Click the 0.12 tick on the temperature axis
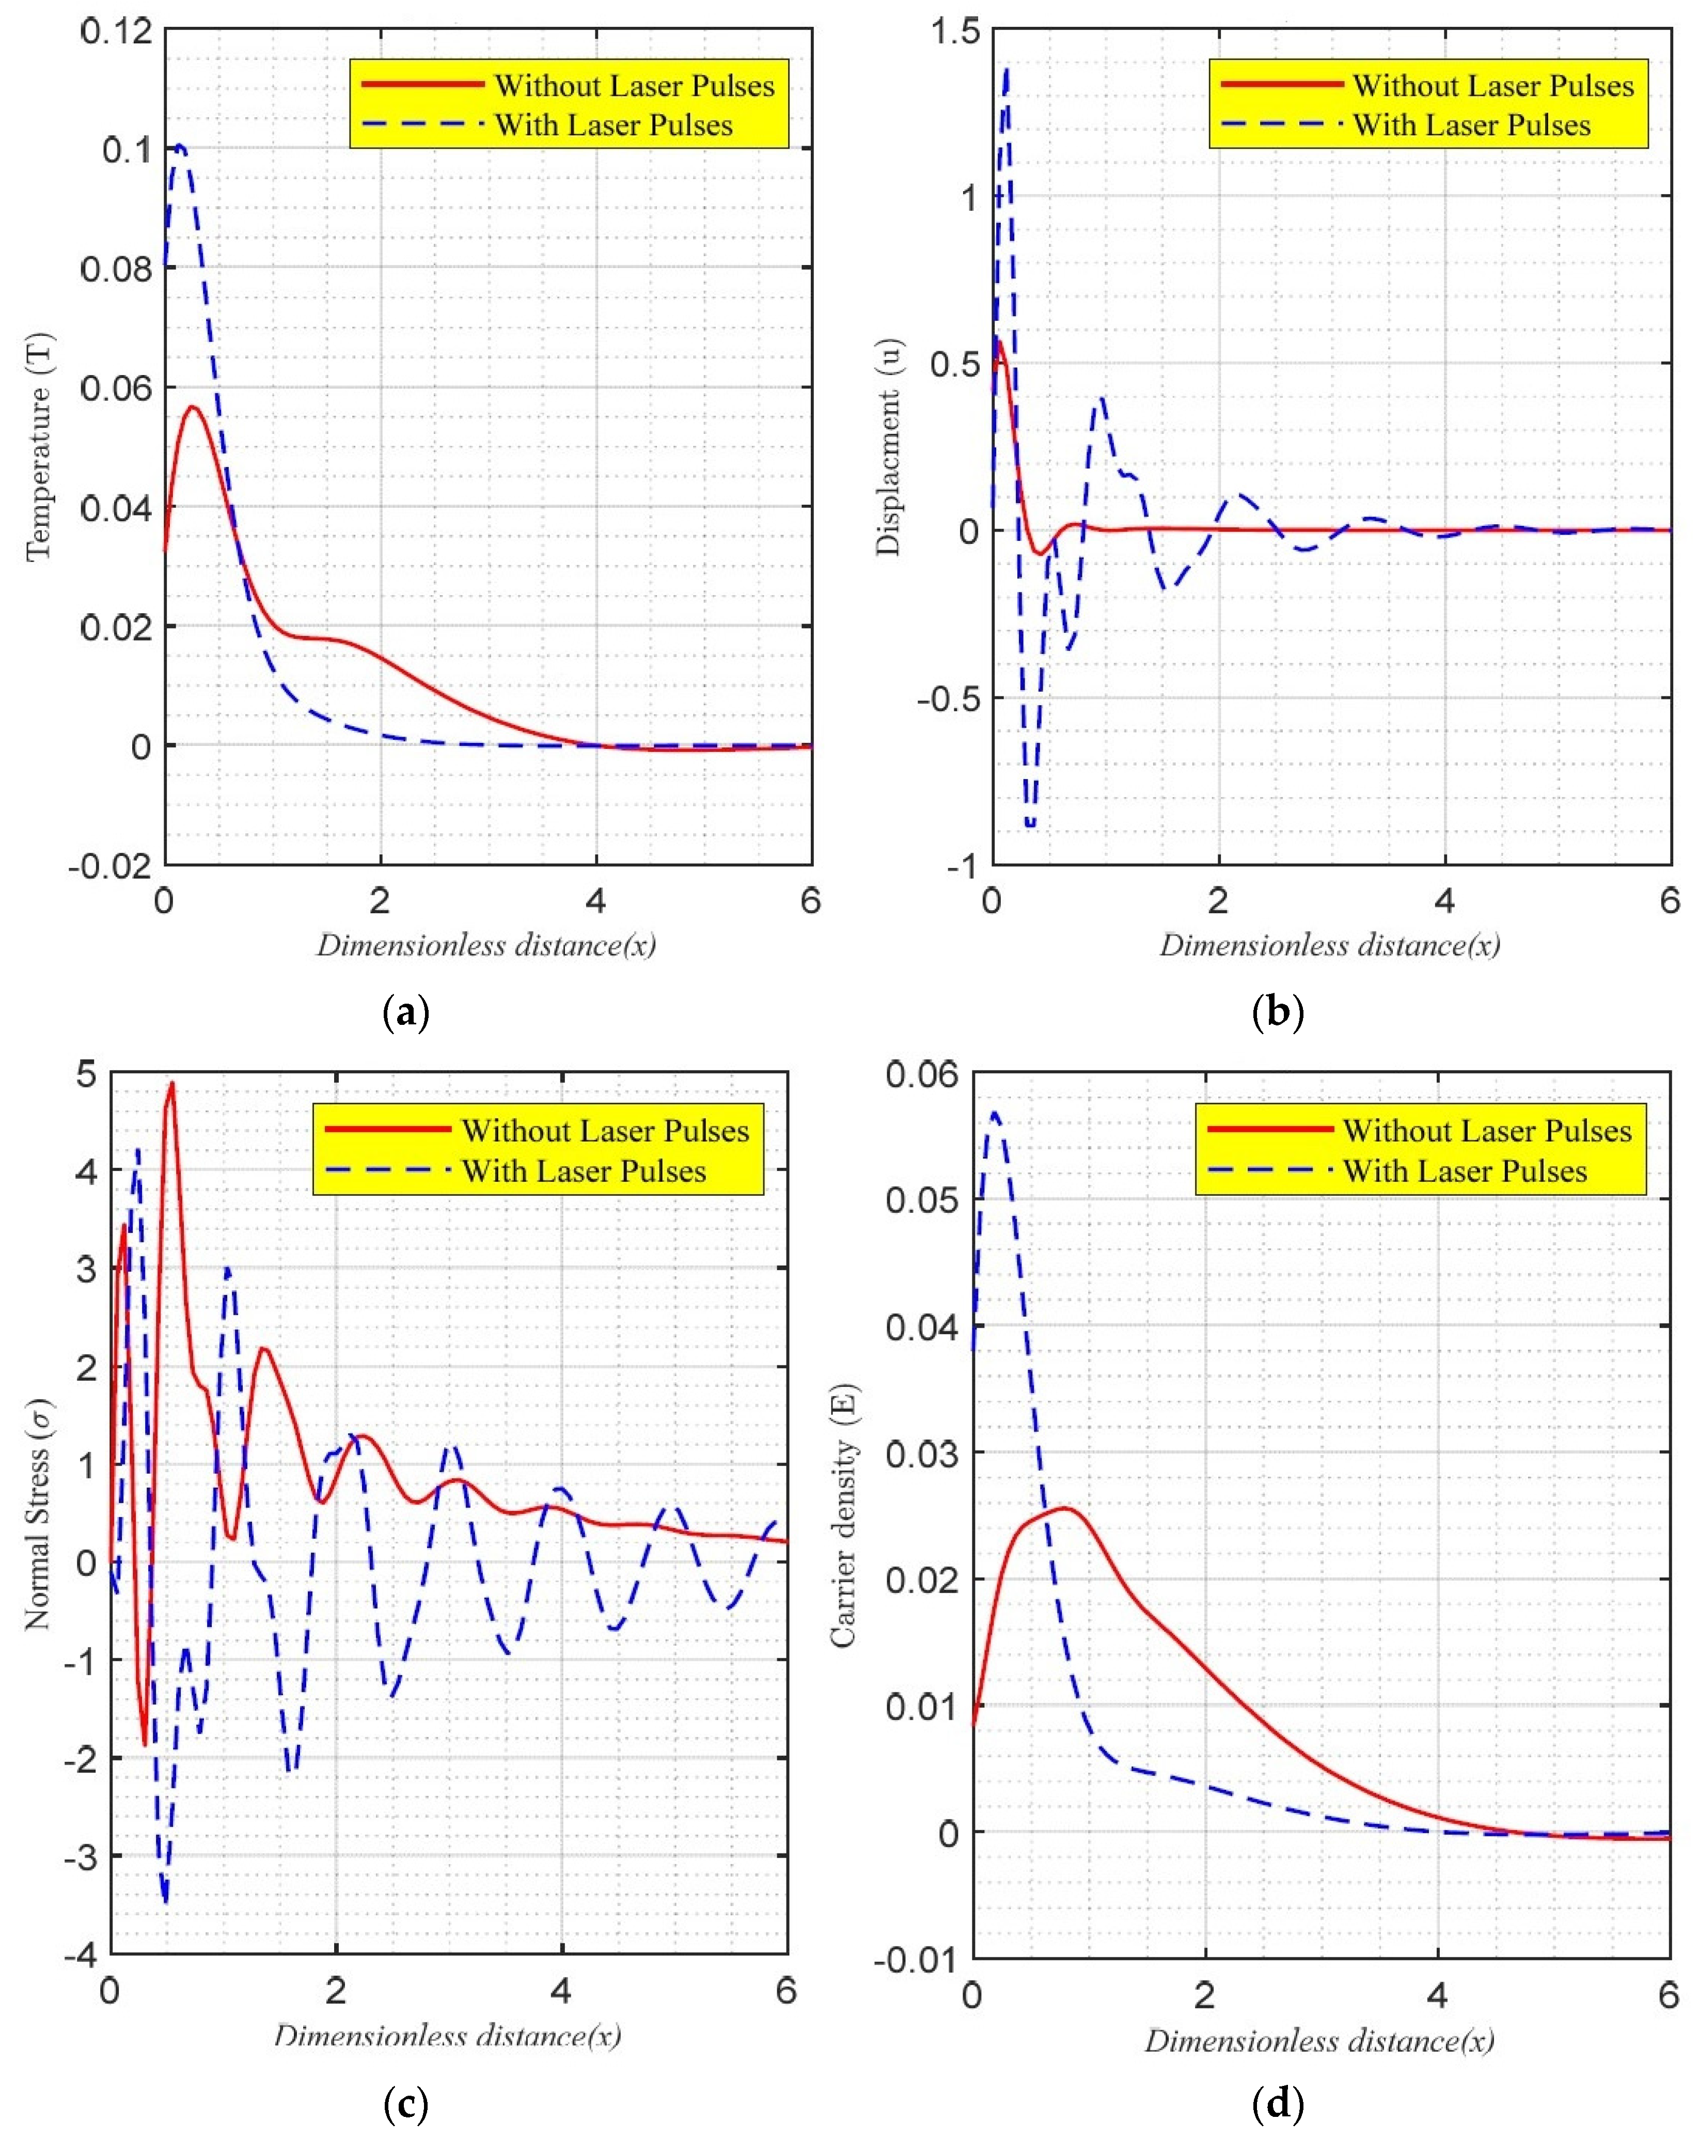(x=117, y=32)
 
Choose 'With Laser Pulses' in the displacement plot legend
(x=1471, y=126)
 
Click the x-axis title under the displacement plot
(x=1329, y=945)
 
